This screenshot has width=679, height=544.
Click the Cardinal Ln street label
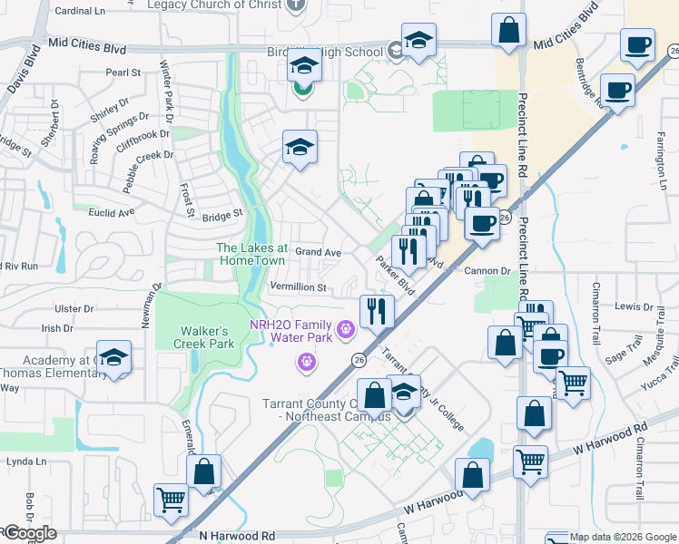80,12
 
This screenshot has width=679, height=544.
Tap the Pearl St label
123,72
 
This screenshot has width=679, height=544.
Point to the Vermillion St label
298,287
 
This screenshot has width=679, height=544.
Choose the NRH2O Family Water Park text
290,331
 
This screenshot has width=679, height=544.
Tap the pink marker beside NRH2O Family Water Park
345,329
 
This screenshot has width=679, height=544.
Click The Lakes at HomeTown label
251,253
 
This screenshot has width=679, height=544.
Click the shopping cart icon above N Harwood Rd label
171,500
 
